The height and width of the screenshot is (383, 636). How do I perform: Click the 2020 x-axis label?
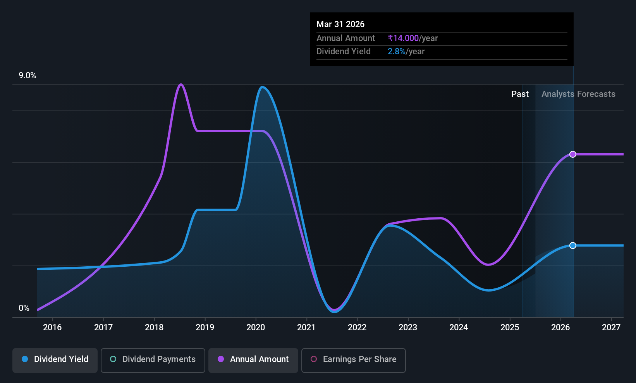256,327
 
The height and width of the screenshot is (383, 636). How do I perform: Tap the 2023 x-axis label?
408,327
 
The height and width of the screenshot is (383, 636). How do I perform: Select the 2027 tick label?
611,327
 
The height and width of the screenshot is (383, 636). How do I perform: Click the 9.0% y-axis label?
28,76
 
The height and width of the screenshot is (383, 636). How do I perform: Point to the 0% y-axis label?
24,308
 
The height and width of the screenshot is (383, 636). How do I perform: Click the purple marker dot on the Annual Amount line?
573,154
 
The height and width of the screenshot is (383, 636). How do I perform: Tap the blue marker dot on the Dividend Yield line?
573,245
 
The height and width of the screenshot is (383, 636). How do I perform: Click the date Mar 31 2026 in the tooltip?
340,24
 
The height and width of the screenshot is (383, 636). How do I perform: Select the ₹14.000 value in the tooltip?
403,38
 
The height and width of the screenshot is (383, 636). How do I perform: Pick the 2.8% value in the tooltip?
397,52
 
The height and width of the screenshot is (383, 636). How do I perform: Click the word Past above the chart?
520,94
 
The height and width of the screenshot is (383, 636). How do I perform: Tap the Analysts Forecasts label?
578,94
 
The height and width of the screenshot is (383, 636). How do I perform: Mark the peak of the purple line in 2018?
181,85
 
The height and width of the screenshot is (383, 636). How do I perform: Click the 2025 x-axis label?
510,327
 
